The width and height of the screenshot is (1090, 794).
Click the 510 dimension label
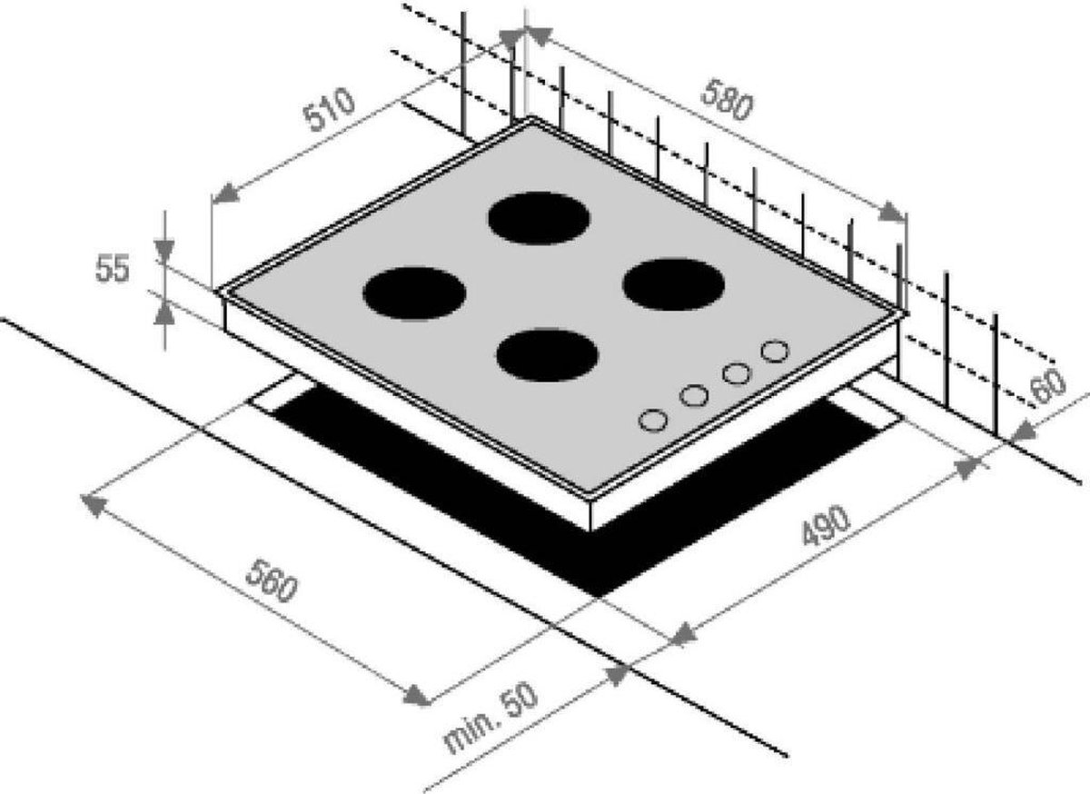click(x=329, y=110)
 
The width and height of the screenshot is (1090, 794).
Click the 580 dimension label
click(x=727, y=100)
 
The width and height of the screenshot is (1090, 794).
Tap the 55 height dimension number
click(x=113, y=268)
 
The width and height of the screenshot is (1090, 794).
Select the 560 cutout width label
click(x=271, y=581)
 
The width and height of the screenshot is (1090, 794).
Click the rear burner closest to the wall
click(x=540, y=218)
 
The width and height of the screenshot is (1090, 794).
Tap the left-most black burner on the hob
click(x=414, y=293)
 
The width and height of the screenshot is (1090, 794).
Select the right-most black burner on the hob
click(x=673, y=285)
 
